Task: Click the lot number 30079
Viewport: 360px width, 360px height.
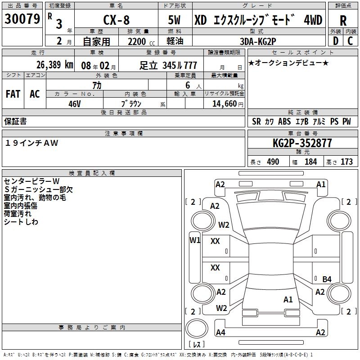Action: coord(22,19)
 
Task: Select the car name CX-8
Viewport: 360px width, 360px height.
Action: coord(117,20)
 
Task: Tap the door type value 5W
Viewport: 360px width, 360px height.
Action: coord(175,20)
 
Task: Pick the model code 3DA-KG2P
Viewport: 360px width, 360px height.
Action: coord(258,41)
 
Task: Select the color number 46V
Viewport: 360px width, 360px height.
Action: coord(74,103)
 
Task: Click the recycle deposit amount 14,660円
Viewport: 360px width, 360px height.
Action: coord(224,103)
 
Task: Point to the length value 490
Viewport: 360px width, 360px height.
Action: coord(273,162)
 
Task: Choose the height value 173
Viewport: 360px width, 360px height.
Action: coord(346,162)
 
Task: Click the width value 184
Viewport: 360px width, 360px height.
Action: coord(310,162)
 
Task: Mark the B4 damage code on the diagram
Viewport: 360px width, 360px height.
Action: coord(327,279)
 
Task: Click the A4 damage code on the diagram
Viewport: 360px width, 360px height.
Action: coord(220,333)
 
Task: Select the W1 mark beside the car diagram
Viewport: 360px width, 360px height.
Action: coord(194,240)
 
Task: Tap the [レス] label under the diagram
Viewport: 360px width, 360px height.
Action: coord(196,344)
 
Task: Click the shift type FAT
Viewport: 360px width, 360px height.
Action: coord(13,94)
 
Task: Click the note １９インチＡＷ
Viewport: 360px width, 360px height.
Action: coord(32,143)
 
